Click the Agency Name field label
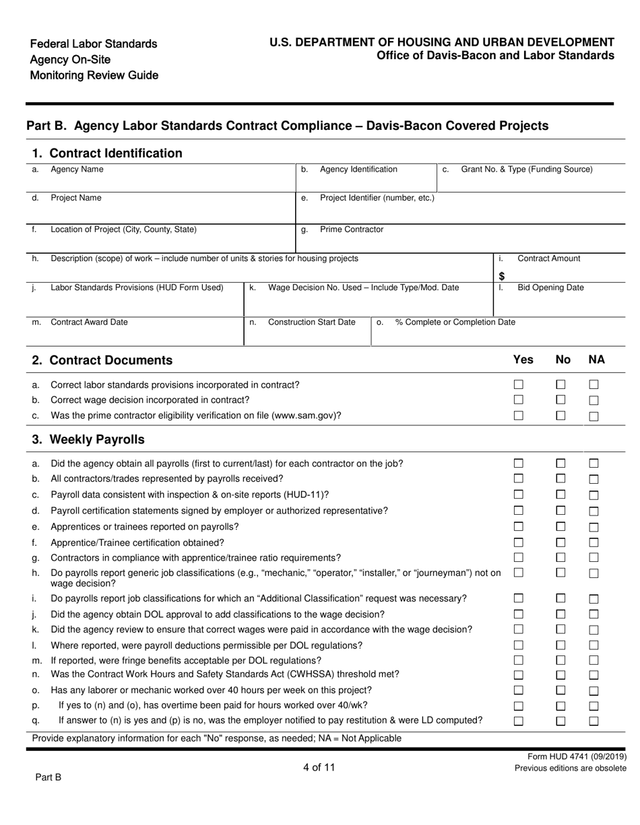[x=77, y=170]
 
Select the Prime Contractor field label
[x=351, y=229]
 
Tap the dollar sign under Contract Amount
[x=502, y=276]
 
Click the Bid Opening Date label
[x=550, y=288]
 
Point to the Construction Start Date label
[x=311, y=322]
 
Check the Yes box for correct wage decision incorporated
[x=519, y=400]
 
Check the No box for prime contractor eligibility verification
[x=561, y=415]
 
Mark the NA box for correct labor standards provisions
[x=594, y=385]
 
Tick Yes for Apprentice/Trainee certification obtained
[x=519, y=542]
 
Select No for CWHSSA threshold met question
[x=561, y=675]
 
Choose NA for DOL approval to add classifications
[x=594, y=615]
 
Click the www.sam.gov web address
[x=305, y=416]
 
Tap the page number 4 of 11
[x=319, y=767]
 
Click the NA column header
[x=596, y=360]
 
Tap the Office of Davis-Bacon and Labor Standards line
[x=495, y=56]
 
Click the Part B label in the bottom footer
[x=48, y=777]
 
